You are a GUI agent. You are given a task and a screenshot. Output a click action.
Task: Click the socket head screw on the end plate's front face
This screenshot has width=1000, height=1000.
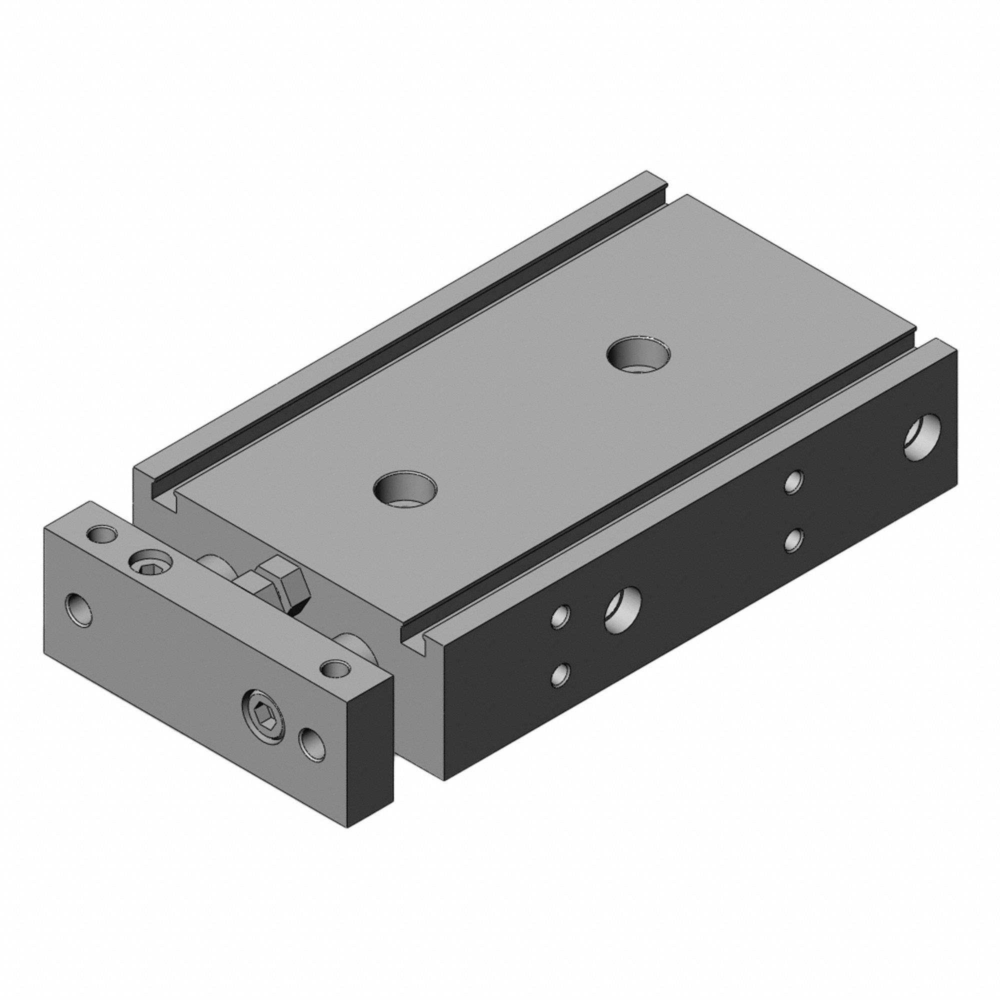(263, 719)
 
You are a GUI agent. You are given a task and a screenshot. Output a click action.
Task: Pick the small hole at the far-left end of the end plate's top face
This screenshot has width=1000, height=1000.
(101, 533)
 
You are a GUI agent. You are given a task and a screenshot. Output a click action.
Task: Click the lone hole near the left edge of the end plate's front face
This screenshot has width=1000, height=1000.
(79, 609)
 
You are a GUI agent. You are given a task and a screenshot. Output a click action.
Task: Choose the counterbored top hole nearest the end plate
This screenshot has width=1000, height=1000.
(405, 488)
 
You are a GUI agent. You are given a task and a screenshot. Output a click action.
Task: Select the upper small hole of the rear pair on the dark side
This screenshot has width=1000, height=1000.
(793, 482)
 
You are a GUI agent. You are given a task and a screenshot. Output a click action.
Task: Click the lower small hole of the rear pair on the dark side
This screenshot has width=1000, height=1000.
(793, 540)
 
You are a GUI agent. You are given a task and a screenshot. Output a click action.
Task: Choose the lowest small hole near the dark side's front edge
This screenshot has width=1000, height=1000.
(560, 674)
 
